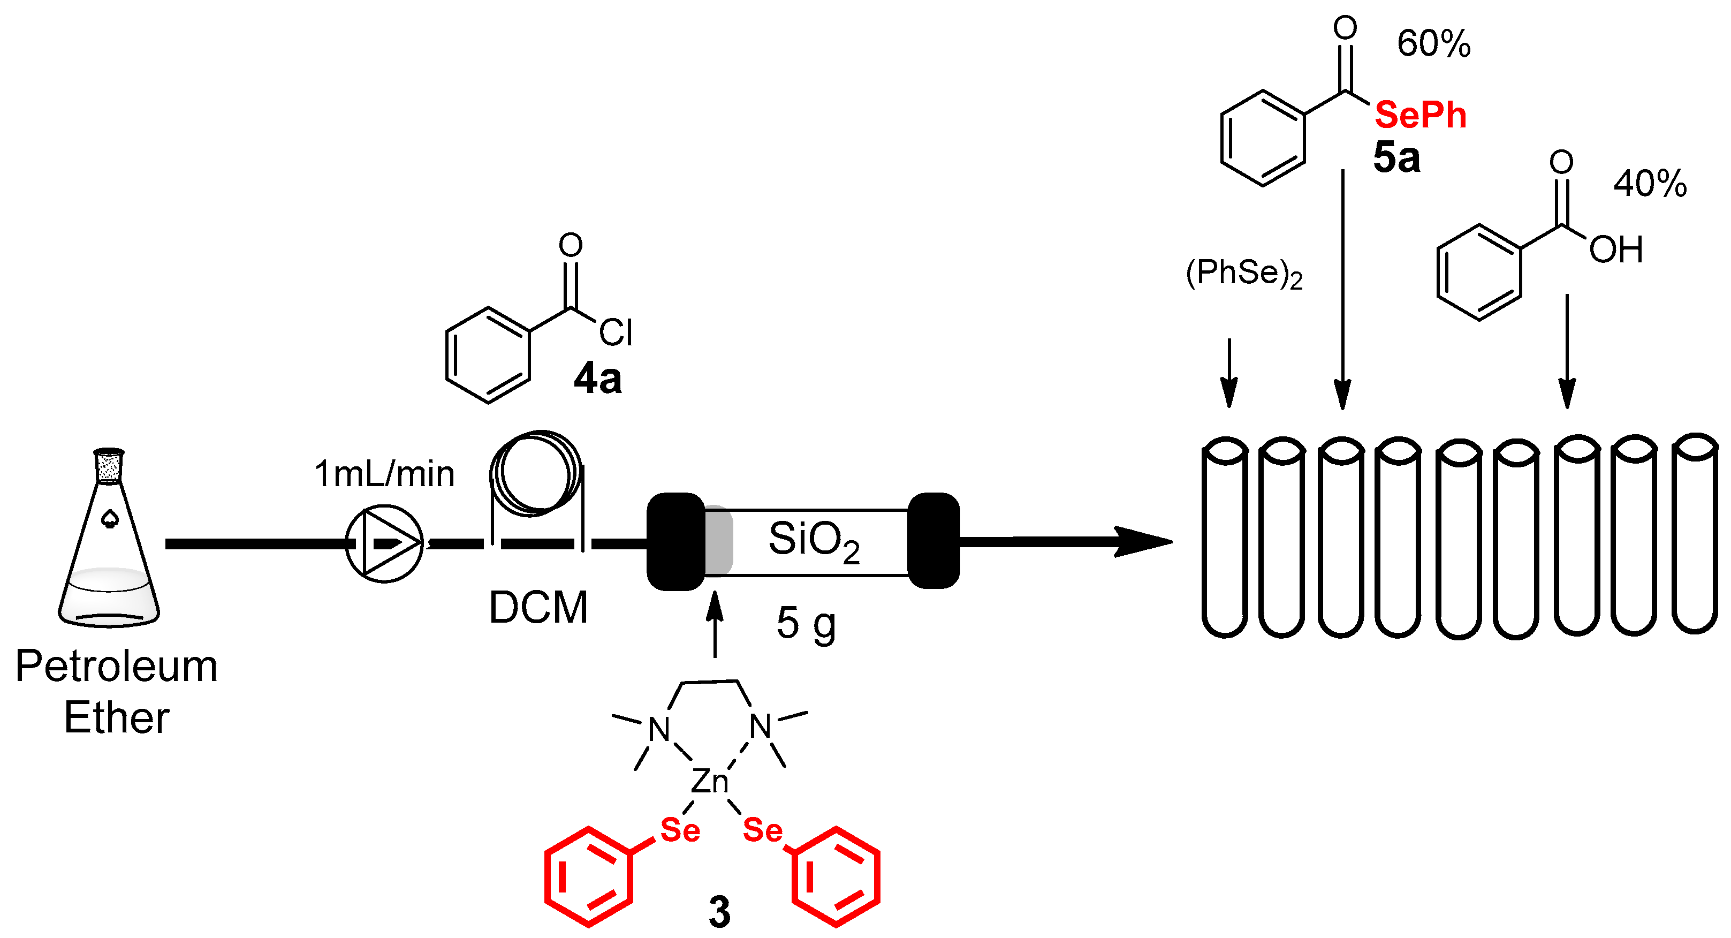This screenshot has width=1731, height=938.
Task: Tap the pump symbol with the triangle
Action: click(384, 543)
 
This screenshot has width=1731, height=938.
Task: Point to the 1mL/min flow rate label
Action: click(384, 474)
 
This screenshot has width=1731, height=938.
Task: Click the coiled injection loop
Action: click(536, 474)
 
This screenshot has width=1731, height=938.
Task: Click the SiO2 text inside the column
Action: click(814, 541)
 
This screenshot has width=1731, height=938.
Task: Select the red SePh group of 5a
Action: click(1420, 115)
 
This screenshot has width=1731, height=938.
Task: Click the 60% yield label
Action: click(1433, 44)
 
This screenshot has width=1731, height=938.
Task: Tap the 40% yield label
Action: click(1650, 184)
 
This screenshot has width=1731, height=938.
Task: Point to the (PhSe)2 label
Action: click(1244, 274)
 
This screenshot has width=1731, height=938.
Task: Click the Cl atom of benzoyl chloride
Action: click(616, 332)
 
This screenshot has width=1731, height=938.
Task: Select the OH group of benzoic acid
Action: click(1615, 250)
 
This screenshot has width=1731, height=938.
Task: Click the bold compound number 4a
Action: click(597, 379)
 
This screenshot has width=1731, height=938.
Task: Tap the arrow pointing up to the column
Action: click(715, 625)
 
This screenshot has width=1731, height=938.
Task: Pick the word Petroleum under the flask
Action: click(116, 667)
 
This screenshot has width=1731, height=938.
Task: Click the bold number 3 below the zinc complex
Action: click(719, 912)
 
